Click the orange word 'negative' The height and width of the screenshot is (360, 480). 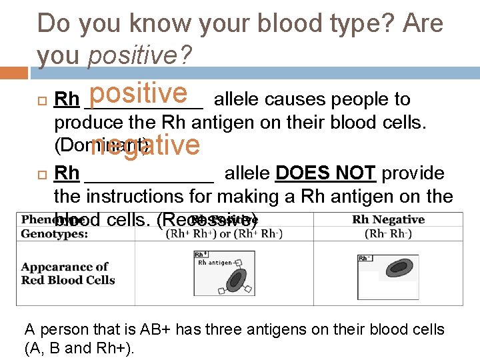145,145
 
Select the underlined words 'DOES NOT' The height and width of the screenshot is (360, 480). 326,173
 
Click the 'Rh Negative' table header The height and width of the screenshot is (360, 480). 388,220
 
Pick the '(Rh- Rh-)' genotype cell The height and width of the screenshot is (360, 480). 388,233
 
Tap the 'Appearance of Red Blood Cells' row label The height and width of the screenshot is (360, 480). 68,273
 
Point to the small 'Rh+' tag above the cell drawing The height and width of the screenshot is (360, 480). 200,255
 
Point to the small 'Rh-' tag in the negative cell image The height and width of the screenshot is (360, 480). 365,258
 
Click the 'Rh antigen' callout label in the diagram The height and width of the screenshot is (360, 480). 215,263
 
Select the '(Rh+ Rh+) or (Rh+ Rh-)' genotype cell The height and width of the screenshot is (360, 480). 223,233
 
